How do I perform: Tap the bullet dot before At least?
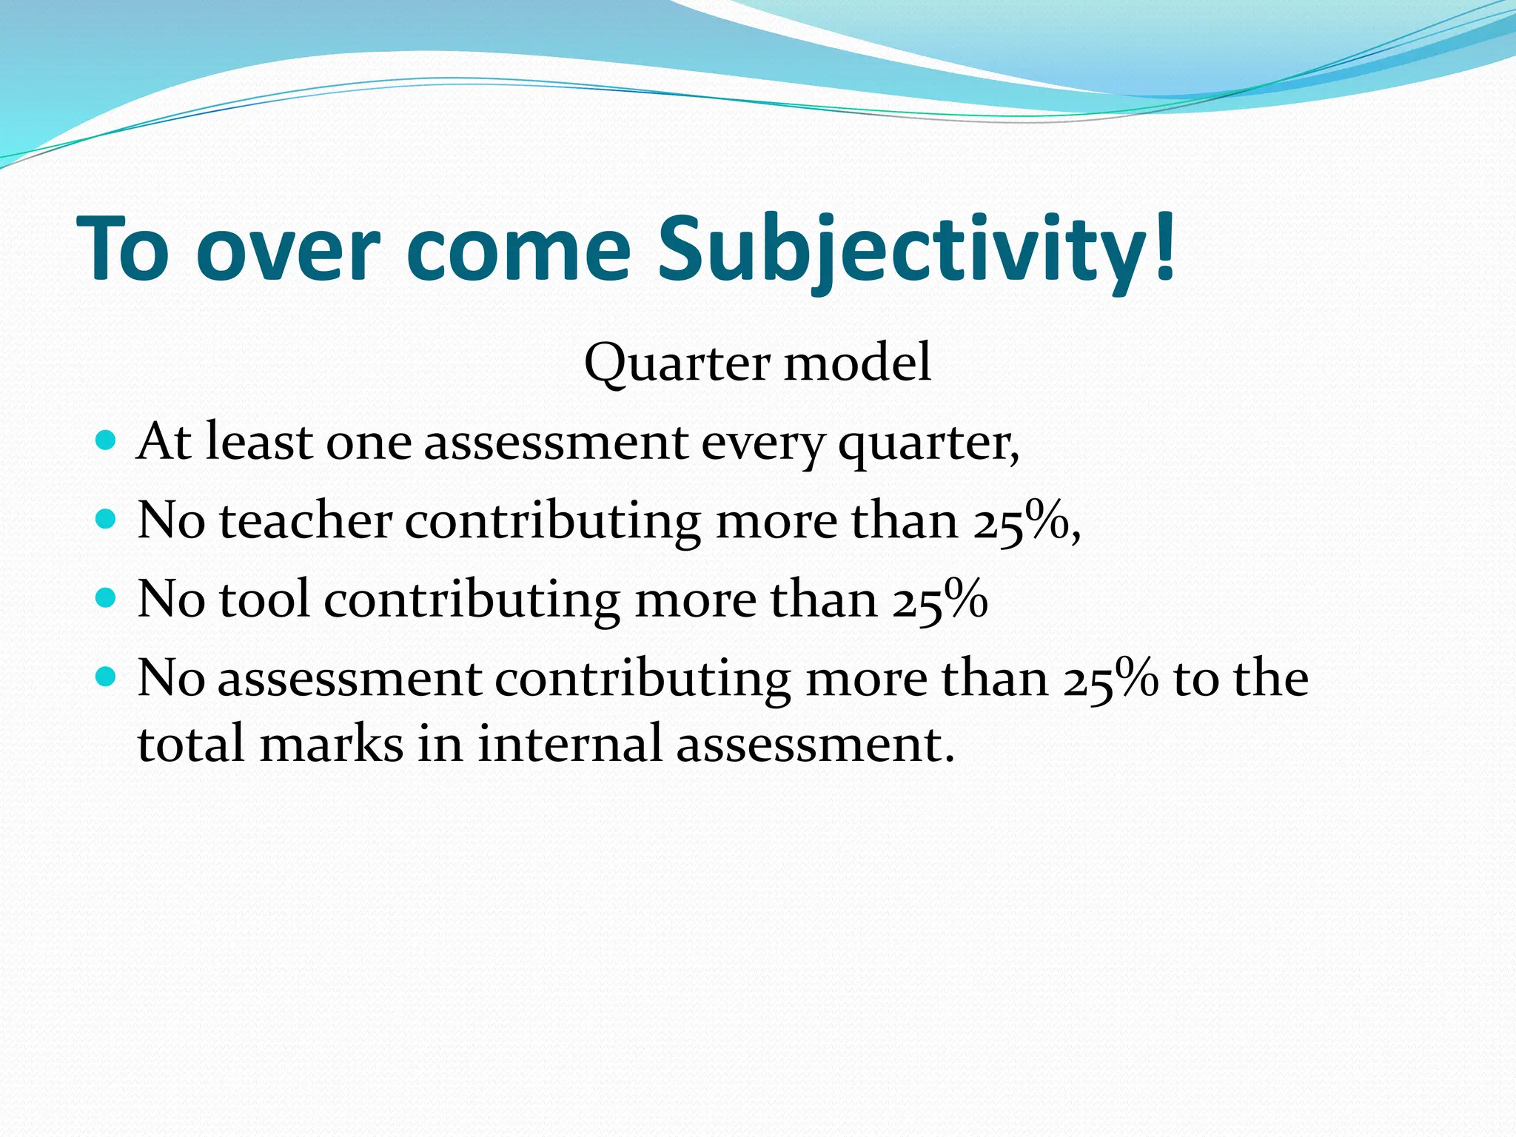(x=107, y=442)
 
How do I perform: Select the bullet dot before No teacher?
(x=107, y=520)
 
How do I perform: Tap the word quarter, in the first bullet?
(x=928, y=444)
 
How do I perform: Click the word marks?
(x=331, y=743)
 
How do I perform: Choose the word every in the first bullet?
(x=762, y=444)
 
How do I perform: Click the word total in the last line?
(x=191, y=743)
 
